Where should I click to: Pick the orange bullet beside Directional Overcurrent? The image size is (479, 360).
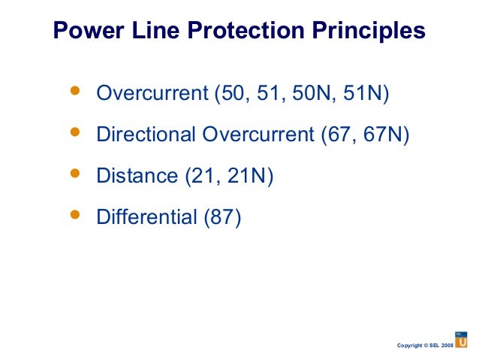(x=74, y=132)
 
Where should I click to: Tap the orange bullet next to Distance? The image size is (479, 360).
(x=74, y=173)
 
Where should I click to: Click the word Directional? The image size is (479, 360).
(x=146, y=135)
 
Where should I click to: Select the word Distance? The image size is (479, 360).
(x=137, y=177)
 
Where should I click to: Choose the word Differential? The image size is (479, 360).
(x=147, y=218)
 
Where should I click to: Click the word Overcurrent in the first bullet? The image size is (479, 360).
(x=152, y=94)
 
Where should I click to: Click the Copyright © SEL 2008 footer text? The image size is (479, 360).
(x=424, y=345)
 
